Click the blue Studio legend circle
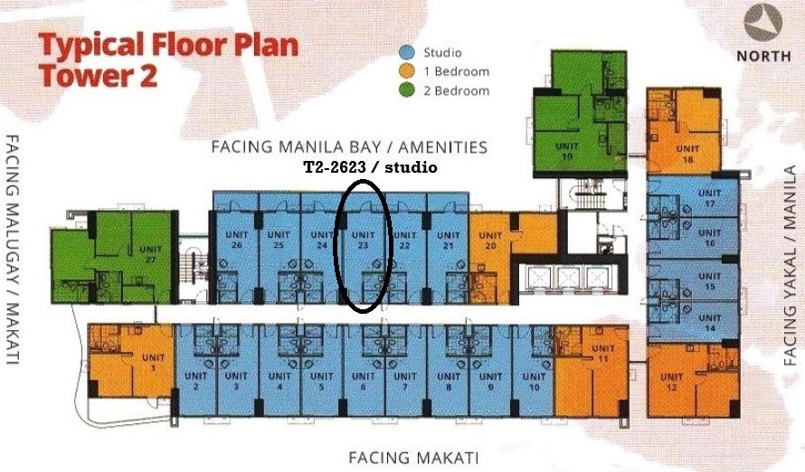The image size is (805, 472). pos(407,52)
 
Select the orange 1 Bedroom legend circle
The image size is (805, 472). pos(407,71)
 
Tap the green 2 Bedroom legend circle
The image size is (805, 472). pos(407,90)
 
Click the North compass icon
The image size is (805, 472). pos(762,22)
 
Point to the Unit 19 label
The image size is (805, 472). pos(567,151)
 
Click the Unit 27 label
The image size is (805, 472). pos(150,254)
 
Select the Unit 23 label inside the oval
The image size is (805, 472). pos(363,241)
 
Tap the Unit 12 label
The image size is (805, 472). pos(671,382)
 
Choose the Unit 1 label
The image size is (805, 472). pos(153,363)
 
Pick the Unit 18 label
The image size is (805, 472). pos(687,154)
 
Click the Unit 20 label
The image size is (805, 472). pos(490,241)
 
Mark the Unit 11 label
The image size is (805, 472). pos(602,354)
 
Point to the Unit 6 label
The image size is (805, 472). pos(363,382)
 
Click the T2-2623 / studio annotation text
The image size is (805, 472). pos(371,167)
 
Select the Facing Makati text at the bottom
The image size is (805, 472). pos(413,458)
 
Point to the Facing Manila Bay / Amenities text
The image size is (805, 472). pos(349,147)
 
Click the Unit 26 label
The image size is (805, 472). pos(237,241)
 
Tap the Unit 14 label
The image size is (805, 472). pos(710,323)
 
